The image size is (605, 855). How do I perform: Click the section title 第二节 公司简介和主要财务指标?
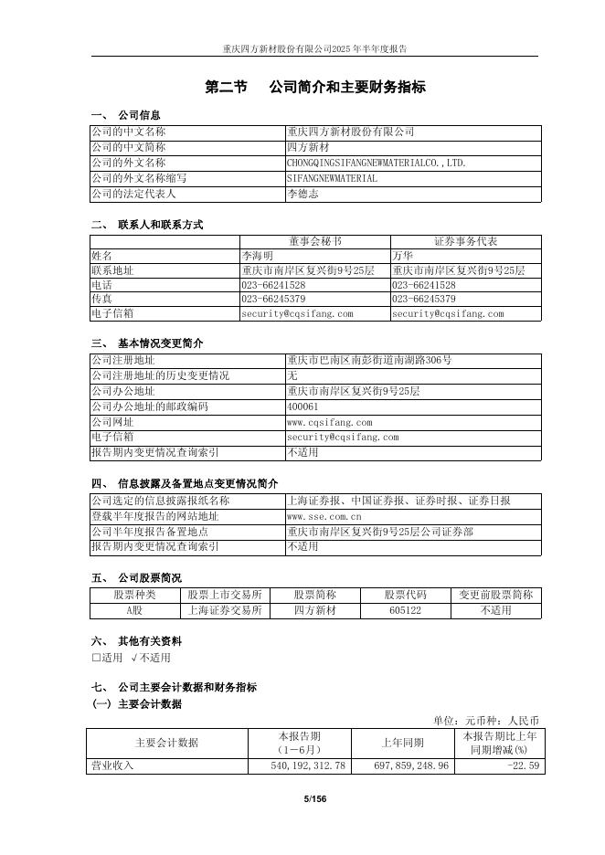click(314, 88)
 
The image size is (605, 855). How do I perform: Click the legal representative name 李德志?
click(302, 194)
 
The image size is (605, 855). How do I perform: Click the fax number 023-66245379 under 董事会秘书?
click(273, 299)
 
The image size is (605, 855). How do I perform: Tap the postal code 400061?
click(302, 406)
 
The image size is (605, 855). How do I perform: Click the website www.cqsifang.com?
click(329, 422)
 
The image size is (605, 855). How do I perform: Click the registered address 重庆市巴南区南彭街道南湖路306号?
click(369, 360)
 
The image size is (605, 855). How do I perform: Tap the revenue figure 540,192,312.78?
click(304, 765)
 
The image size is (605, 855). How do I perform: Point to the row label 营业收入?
click(111, 765)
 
